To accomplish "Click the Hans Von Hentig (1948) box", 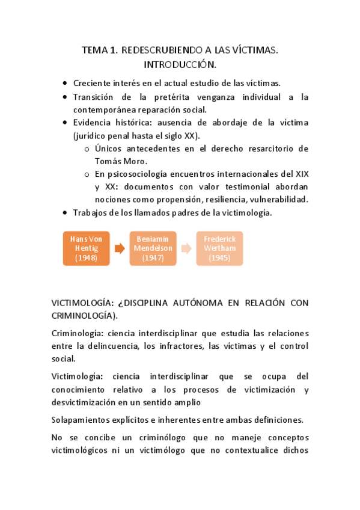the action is pyautogui.click(x=86, y=248).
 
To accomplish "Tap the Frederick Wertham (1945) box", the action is pyautogui.click(x=219, y=248).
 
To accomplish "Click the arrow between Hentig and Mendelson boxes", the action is pyautogui.click(x=120, y=248).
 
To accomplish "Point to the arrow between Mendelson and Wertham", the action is pyautogui.click(x=186, y=248).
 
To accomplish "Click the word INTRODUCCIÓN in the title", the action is pyautogui.click(x=180, y=64).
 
